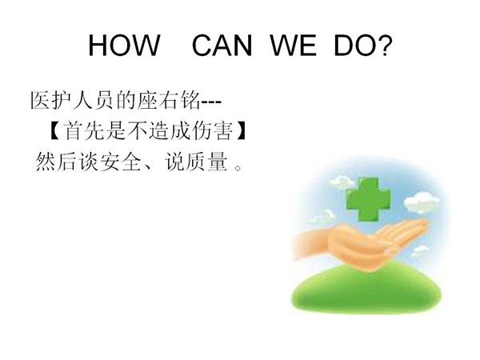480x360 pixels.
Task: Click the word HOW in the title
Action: click(124, 46)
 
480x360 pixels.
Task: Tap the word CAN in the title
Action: click(222, 46)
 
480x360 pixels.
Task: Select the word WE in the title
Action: click(294, 46)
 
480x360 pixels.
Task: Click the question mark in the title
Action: click(383, 45)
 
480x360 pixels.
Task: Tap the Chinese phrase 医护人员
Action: click(72, 100)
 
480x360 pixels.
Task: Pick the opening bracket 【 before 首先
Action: click(54, 131)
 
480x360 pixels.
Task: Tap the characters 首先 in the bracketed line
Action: click(84, 130)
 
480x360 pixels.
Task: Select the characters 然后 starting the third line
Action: click(55, 162)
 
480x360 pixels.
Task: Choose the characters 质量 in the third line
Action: click(206, 162)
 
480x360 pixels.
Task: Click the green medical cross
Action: click(368, 199)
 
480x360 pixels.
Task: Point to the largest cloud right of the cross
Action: click(422, 202)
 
